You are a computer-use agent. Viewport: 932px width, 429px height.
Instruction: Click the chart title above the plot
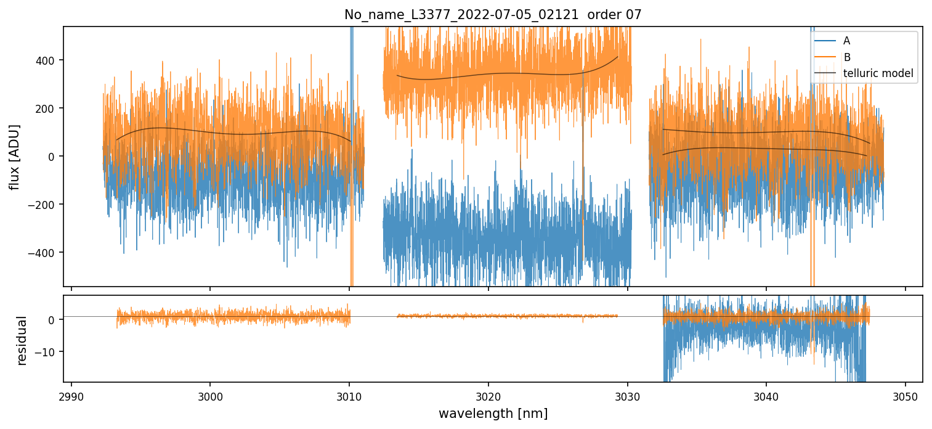[493, 15]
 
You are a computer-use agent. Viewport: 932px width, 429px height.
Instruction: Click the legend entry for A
[846, 41]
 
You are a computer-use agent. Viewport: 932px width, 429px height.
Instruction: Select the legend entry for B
[846, 57]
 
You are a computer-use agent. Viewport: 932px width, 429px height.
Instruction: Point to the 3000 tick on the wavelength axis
[210, 394]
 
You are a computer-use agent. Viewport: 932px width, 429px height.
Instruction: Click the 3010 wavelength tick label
[349, 394]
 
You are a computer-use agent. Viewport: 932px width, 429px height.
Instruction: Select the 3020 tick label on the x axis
[488, 394]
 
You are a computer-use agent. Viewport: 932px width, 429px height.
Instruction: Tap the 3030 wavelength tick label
[627, 394]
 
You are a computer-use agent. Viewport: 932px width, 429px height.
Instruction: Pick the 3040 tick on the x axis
[766, 394]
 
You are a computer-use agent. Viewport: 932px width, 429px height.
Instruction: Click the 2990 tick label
[71, 394]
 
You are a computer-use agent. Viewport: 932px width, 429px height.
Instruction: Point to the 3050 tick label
[905, 394]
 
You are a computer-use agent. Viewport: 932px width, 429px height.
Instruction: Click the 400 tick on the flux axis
[47, 60]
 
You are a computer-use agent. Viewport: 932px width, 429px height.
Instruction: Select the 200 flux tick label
[47, 108]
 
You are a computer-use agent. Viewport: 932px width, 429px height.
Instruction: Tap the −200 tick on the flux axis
[44, 205]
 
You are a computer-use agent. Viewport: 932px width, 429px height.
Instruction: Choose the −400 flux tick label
[44, 253]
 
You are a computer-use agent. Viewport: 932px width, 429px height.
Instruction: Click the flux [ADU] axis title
[14, 157]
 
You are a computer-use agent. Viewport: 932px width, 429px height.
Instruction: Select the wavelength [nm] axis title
[493, 413]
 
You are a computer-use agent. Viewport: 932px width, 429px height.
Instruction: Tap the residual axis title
[23, 340]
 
